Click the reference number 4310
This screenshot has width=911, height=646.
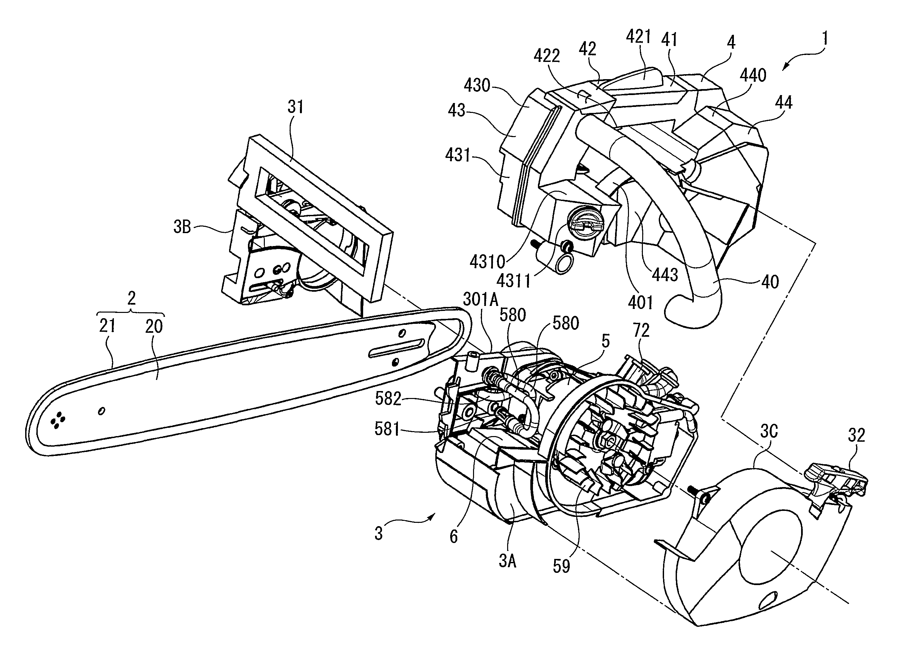point(487,262)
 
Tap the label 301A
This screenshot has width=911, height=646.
point(480,299)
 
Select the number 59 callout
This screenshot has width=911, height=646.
point(561,567)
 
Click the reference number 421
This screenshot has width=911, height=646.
point(638,37)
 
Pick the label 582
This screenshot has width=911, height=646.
point(388,399)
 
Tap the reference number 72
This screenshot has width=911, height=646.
point(641,330)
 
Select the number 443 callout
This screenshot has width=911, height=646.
point(665,274)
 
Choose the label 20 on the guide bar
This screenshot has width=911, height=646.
point(154,326)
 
